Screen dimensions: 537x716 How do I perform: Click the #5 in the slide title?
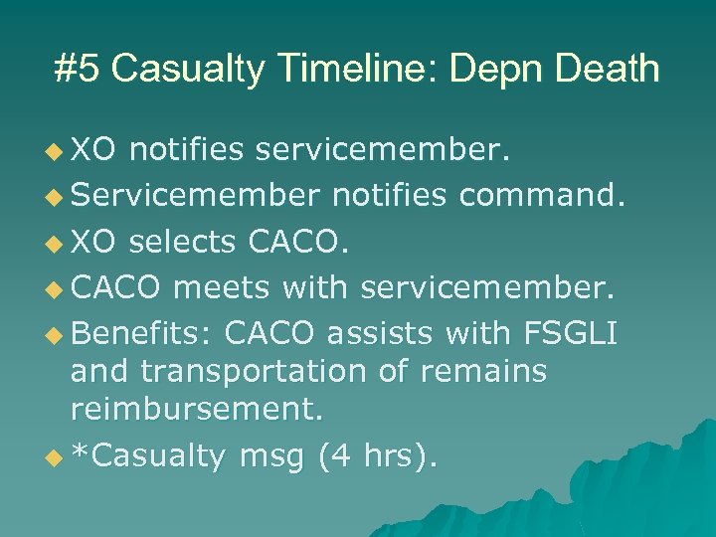(x=76, y=70)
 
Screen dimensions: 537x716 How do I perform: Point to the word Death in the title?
(x=603, y=70)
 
